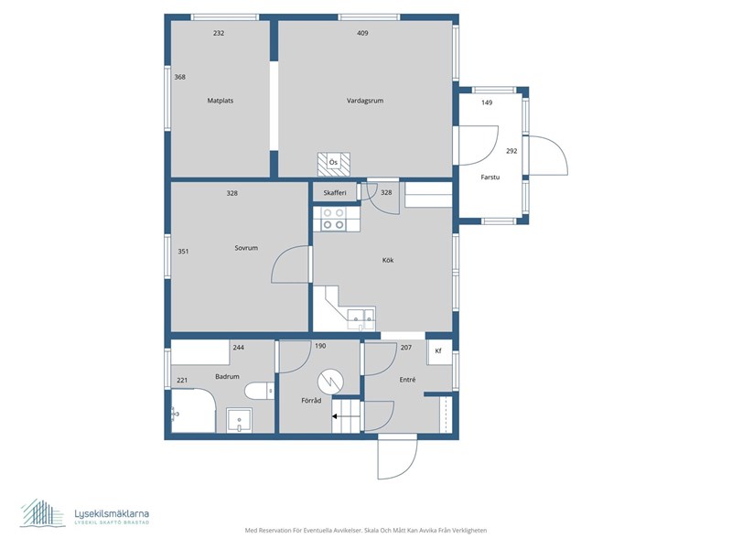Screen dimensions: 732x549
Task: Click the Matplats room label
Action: [221, 101]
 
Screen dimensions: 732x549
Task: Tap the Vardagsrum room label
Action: [365, 101]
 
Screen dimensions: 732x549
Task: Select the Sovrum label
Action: [246, 248]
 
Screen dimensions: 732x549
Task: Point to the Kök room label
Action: [388, 260]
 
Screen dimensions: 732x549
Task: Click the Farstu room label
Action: [490, 177]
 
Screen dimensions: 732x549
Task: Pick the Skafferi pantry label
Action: [335, 192]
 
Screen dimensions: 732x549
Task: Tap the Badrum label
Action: [227, 376]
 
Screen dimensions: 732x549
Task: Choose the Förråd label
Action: [311, 400]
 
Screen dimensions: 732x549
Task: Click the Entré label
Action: [407, 380]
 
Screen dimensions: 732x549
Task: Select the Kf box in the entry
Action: [439, 351]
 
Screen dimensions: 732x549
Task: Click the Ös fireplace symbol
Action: [334, 164]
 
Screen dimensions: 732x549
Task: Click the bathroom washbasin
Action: [239, 420]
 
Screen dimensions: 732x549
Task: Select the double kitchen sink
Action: [361, 318]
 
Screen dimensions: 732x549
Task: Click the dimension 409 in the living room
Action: [362, 33]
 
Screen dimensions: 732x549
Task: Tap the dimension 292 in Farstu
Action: [511, 151]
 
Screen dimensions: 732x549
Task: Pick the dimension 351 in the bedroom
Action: [183, 251]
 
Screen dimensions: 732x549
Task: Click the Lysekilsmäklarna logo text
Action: [112, 514]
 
